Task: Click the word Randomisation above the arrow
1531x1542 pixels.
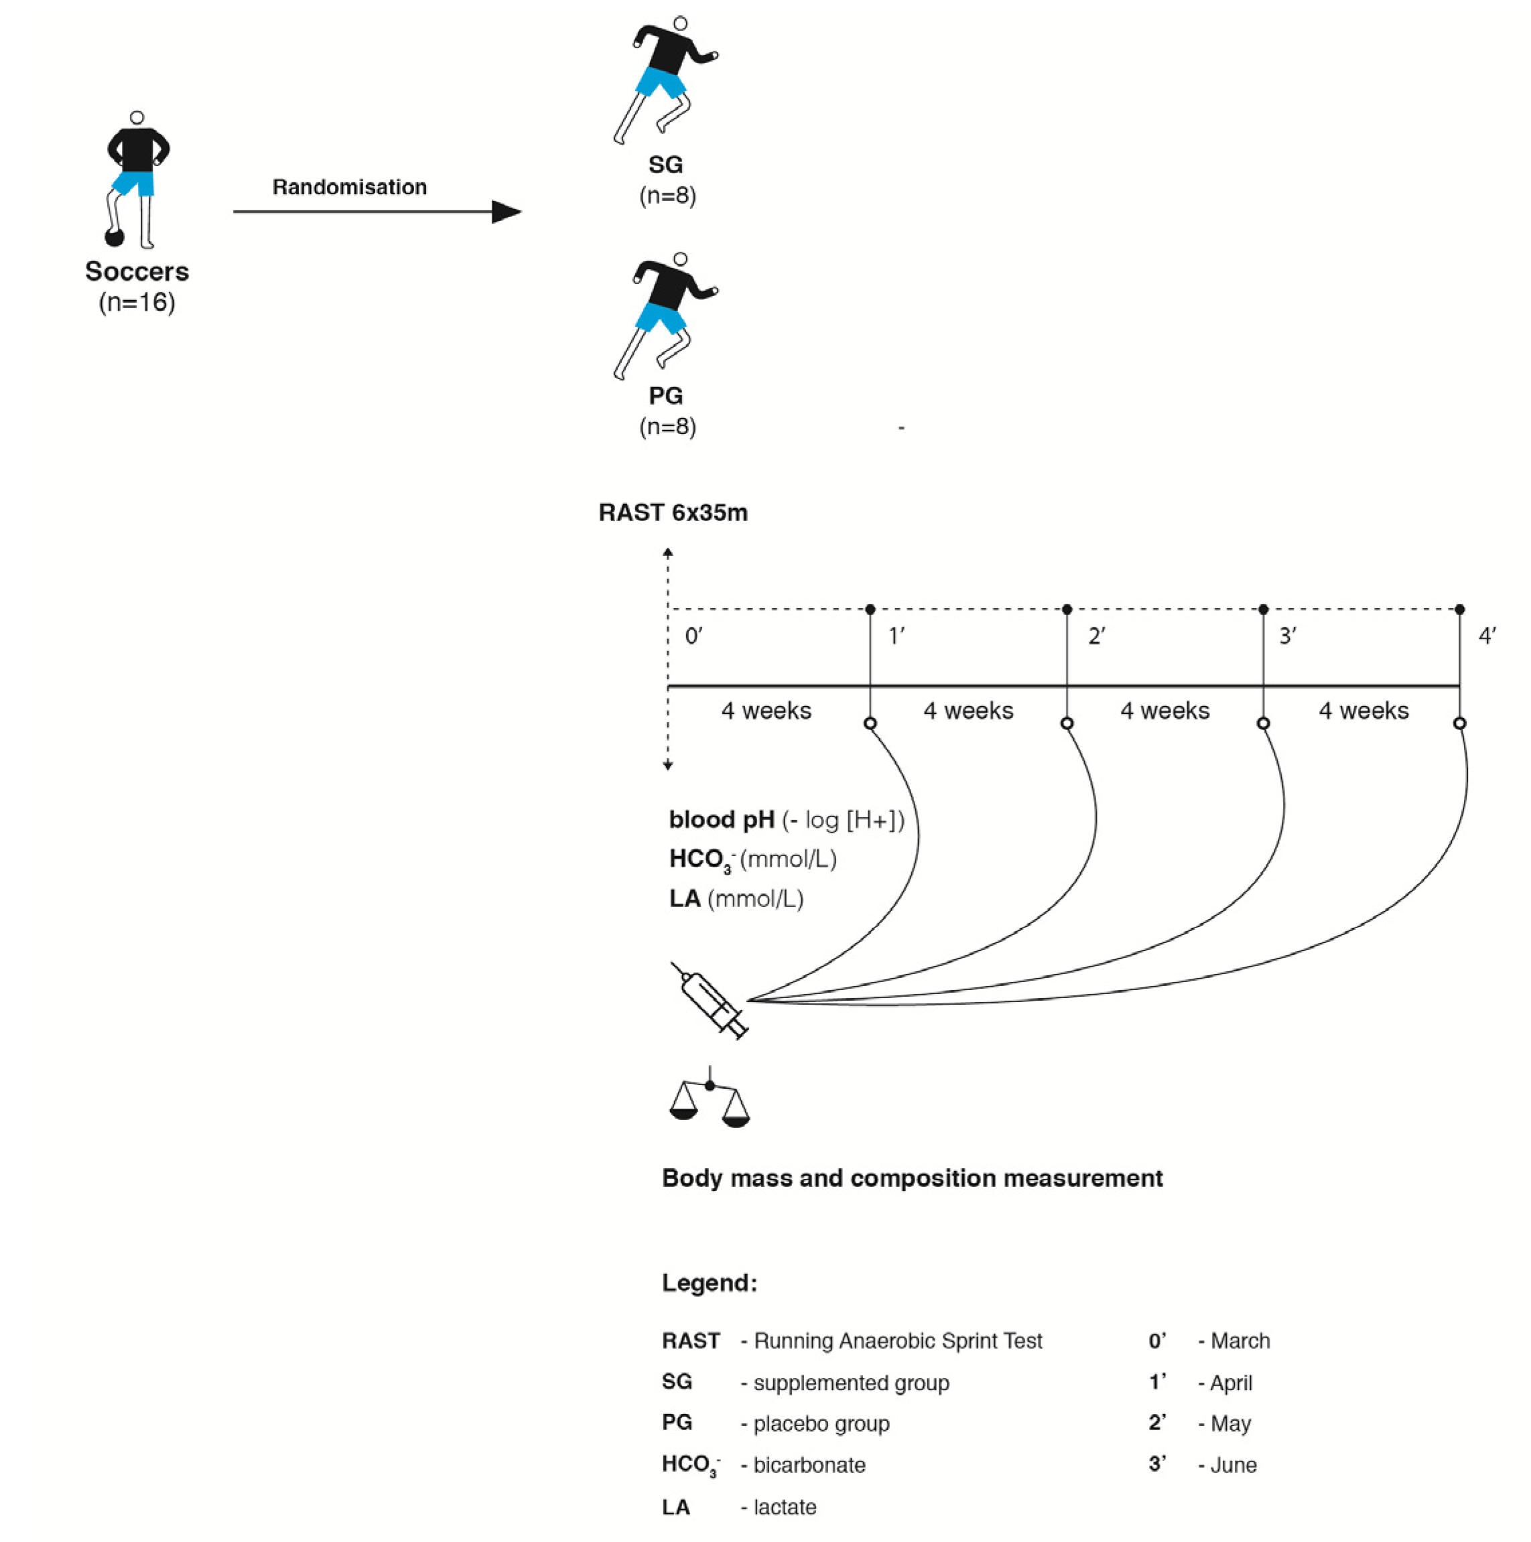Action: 350,187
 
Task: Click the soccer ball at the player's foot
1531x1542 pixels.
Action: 115,237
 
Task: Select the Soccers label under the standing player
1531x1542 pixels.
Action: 137,271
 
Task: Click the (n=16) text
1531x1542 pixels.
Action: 137,303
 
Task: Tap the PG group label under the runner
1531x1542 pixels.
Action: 666,396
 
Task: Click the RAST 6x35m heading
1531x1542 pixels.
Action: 673,512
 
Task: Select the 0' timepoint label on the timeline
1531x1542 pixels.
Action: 693,636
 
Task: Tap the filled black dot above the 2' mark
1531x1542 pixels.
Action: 1067,609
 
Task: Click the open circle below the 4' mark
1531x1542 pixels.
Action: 1460,723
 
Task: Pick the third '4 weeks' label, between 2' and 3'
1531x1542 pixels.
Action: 1164,710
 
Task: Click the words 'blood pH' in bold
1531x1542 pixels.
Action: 722,820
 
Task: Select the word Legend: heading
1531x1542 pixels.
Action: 709,1283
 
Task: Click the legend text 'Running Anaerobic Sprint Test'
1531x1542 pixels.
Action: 897,1341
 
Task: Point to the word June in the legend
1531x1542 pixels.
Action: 1234,1466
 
